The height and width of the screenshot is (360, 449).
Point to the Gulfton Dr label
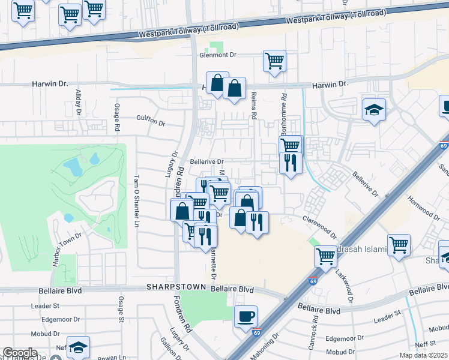pos(150,122)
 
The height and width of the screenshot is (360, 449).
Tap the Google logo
pos(20,353)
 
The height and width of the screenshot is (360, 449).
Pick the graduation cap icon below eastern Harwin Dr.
pos(374,110)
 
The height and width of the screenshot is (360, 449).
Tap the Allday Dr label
pos(78,103)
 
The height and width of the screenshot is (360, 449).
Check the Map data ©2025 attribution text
pos(423,355)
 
